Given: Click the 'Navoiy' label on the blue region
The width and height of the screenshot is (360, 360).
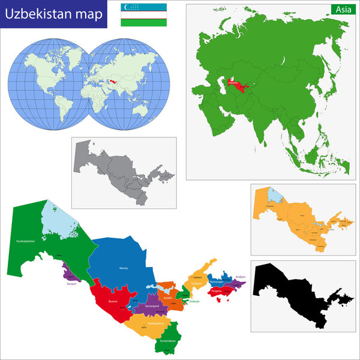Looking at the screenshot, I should point(124,268).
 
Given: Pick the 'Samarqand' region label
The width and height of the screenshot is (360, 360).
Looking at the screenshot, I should point(151,307).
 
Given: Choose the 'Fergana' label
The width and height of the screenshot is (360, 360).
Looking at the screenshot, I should point(216,292).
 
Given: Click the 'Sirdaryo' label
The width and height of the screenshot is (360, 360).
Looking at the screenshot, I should point(194,301).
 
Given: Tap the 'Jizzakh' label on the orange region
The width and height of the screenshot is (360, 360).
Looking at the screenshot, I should point(169,298).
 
